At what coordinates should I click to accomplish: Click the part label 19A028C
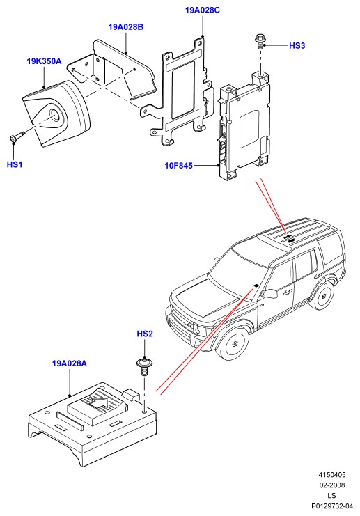[203, 10]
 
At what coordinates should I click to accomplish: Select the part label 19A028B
[126, 27]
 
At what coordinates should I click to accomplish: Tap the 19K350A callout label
[44, 61]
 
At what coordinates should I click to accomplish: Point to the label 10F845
[179, 166]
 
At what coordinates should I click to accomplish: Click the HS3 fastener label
[297, 46]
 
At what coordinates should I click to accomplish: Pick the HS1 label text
[15, 164]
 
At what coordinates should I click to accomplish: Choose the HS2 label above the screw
[145, 334]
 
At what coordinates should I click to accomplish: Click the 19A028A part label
[70, 363]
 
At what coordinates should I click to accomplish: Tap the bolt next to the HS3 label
[260, 42]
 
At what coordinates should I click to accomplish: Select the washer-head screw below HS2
[144, 367]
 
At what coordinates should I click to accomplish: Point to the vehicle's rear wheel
[323, 295]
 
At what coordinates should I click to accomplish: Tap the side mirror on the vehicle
[270, 294]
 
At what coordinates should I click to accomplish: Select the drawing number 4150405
[331, 474]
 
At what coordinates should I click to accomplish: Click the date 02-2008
[331, 485]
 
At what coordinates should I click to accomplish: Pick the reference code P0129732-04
[331, 506]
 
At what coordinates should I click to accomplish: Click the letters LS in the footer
[331, 496]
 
